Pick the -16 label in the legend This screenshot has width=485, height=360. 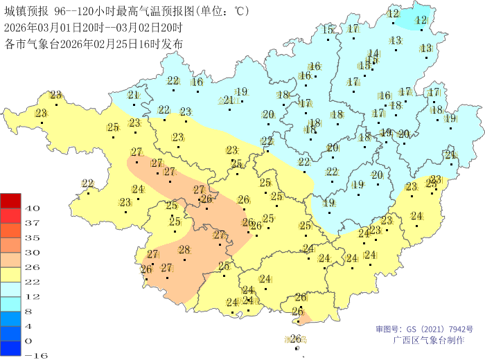(x=35, y=355)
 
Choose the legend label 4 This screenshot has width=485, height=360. (x=28, y=325)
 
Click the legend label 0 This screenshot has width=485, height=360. (x=28, y=341)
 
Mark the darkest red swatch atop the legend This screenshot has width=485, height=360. (x=11, y=200)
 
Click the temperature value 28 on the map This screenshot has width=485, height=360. (x=184, y=250)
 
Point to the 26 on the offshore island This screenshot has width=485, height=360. (x=295, y=339)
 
